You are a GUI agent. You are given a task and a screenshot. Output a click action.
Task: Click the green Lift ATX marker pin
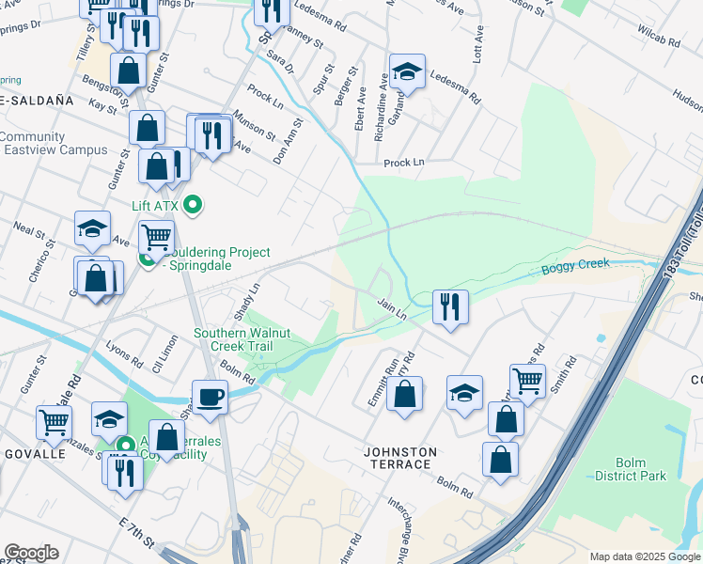click(193, 204)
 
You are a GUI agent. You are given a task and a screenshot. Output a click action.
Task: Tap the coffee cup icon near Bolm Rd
click(210, 396)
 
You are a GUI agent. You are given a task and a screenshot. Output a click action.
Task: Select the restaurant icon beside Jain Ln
click(450, 305)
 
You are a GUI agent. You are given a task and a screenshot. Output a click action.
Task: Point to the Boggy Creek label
click(569, 269)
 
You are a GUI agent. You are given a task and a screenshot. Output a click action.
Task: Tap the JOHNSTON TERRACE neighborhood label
click(400, 459)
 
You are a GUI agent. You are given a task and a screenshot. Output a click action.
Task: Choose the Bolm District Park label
click(630, 469)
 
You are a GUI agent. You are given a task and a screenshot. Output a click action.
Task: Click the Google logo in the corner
click(31, 553)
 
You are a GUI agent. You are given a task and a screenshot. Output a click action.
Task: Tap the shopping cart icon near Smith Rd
click(527, 381)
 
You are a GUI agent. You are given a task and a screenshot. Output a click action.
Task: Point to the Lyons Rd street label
click(123, 353)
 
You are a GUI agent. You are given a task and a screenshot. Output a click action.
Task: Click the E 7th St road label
click(137, 533)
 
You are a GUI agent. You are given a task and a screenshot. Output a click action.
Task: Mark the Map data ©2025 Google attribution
click(644, 556)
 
